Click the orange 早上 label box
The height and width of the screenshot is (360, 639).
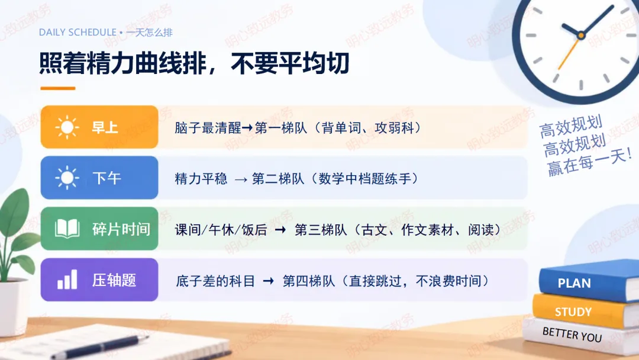(x=99, y=127)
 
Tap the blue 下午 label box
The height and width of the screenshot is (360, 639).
(x=99, y=178)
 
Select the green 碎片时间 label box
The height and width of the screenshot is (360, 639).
(x=99, y=229)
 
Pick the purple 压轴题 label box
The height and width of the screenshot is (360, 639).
(x=99, y=279)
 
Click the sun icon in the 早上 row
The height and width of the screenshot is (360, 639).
(x=67, y=127)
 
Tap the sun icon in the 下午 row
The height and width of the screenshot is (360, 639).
(x=67, y=178)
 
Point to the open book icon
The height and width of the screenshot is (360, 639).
(x=67, y=229)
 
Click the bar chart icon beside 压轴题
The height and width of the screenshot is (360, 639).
(x=67, y=279)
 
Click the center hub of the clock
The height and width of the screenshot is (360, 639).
(x=581, y=36)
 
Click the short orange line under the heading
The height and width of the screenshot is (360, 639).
(x=58, y=88)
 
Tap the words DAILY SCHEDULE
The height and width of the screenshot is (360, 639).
(x=78, y=32)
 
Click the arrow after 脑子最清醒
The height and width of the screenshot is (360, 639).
(x=247, y=128)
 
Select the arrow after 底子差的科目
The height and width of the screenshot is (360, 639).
(x=269, y=281)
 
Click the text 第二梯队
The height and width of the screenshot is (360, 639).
(x=278, y=179)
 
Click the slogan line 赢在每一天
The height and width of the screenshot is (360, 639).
(x=589, y=162)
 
